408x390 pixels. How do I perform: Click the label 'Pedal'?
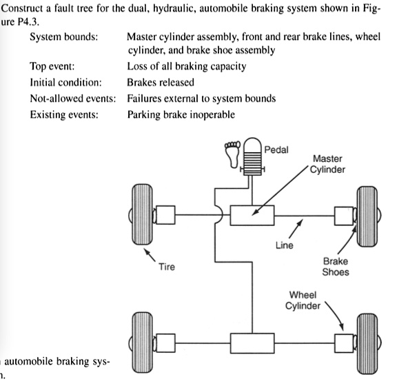click(x=278, y=150)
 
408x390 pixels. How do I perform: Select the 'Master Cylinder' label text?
click(x=327, y=165)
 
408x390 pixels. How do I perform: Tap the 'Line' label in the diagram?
click(x=285, y=246)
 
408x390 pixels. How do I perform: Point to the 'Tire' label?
click(x=167, y=267)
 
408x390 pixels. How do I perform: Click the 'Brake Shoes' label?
click(x=336, y=267)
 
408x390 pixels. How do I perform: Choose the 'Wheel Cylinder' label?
click(x=303, y=300)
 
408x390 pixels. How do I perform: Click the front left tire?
click(x=141, y=216)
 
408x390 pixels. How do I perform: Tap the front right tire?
click(x=366, y=216)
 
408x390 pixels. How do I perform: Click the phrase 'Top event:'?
click(x=53, y=67)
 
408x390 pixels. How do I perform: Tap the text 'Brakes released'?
click(x=161, y=83)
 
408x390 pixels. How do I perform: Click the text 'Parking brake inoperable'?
click(x=181, y=114)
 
